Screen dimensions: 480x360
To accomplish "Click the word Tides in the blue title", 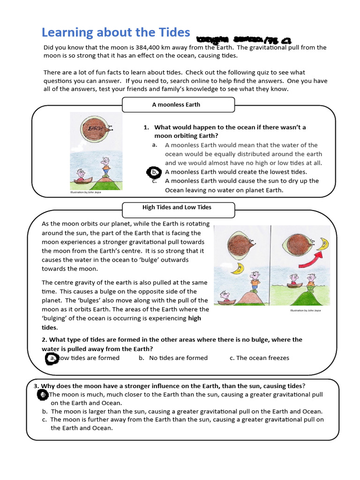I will [171, 32].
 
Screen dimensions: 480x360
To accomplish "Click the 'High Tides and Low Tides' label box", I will [178, 207].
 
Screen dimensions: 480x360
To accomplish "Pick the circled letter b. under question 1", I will [155, 172].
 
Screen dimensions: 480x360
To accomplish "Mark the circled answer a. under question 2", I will [52, 358].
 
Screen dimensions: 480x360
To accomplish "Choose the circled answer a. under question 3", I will [43, 395].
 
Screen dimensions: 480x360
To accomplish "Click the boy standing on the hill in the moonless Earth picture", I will [106, 165].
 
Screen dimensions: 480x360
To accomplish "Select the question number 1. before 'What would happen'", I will [146, 127].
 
